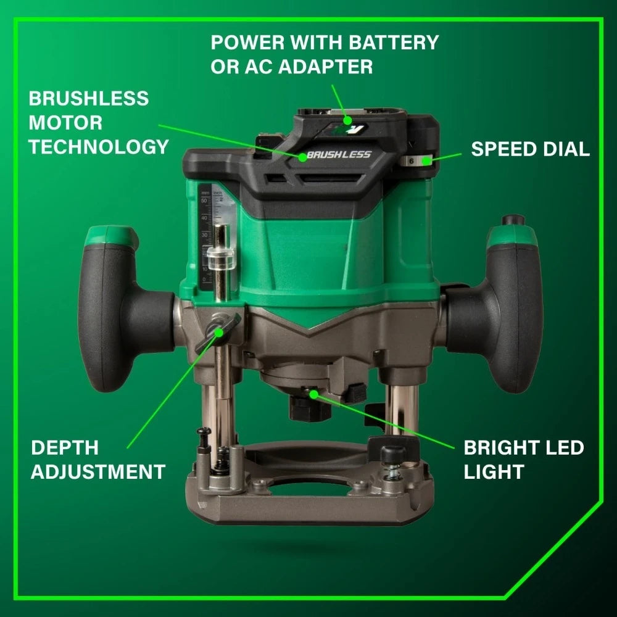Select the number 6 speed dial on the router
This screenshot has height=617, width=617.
pyautogui.click(x=412, y=160)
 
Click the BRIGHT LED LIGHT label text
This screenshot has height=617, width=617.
pyautogui.click(x=523, y=460)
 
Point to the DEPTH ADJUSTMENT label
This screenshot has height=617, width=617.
pyautogui.click(x=98, y=460)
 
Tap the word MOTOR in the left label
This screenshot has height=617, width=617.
pyautogui.click(x=66, y=122)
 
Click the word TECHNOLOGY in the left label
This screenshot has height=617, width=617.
pyautogui.click(x=99, y=146)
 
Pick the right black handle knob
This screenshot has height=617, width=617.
pyautogui.click(x=500, y=315)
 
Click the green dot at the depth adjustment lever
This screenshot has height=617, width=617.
pyautogui.click(x=219, y=333)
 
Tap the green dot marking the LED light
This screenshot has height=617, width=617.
pyautogui.click(x=313, y=392)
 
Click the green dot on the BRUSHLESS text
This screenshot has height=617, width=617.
pyautogui.click(x=303, y=157)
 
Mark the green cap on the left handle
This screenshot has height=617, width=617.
pyautogui.click(x=111, y=234)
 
